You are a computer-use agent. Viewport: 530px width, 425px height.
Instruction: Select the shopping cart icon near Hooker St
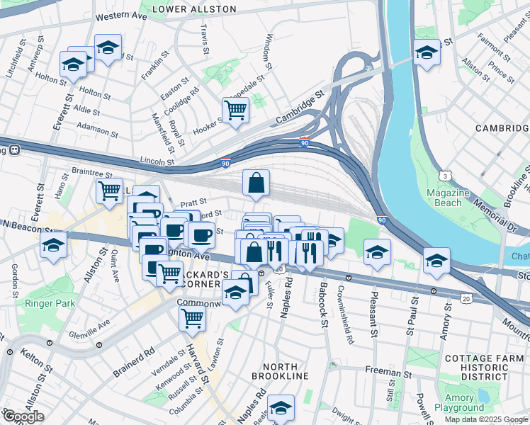click(x=235, y=110)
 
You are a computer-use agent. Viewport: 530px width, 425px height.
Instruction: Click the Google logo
click(x=23, y=416)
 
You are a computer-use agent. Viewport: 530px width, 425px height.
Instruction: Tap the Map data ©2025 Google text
click(x=486, y=419)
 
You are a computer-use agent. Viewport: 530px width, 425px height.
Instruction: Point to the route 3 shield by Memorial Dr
click(x=445, y=174)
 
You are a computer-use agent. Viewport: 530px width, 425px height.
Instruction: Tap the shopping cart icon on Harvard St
click(x=192, y=319)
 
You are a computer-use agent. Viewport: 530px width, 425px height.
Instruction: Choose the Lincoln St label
click(x=157, y=162)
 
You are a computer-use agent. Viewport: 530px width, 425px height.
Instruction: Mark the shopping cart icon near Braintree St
click(x=109, y=190)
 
